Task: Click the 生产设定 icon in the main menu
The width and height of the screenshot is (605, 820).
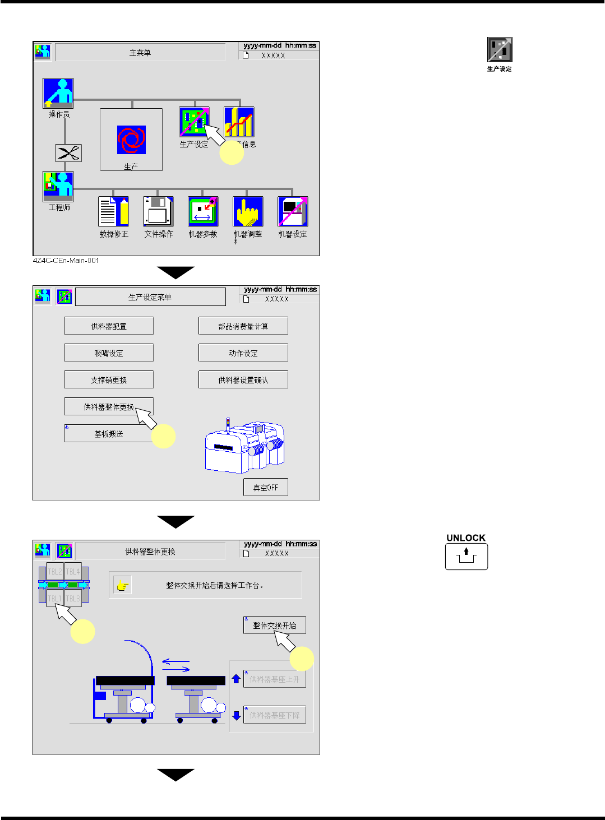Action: [193, 122]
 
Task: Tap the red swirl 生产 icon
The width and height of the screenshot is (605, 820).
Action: [131, 140]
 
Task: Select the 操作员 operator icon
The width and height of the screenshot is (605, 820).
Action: [58, 93]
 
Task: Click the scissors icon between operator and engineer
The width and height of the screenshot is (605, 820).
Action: [68, 153]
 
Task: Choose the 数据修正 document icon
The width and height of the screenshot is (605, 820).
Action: [113, 211]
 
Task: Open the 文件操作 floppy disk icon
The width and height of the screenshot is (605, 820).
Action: [158, 211]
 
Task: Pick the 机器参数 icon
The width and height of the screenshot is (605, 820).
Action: [203, 211]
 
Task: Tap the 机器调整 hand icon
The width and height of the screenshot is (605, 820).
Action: [248, 211]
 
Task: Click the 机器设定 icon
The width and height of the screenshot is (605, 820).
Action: [293, 211]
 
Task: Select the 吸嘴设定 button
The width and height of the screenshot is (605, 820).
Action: [109, 353]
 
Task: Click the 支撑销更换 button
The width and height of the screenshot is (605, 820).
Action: [109, 380]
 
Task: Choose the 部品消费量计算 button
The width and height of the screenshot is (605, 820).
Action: [243, 326]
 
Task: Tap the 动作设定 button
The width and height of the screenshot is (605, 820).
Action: [243, 353]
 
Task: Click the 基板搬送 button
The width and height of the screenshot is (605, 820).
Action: [109, 434]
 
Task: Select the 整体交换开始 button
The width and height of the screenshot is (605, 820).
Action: [275, 626]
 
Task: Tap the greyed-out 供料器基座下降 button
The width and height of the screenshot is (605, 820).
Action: [275, 715]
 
